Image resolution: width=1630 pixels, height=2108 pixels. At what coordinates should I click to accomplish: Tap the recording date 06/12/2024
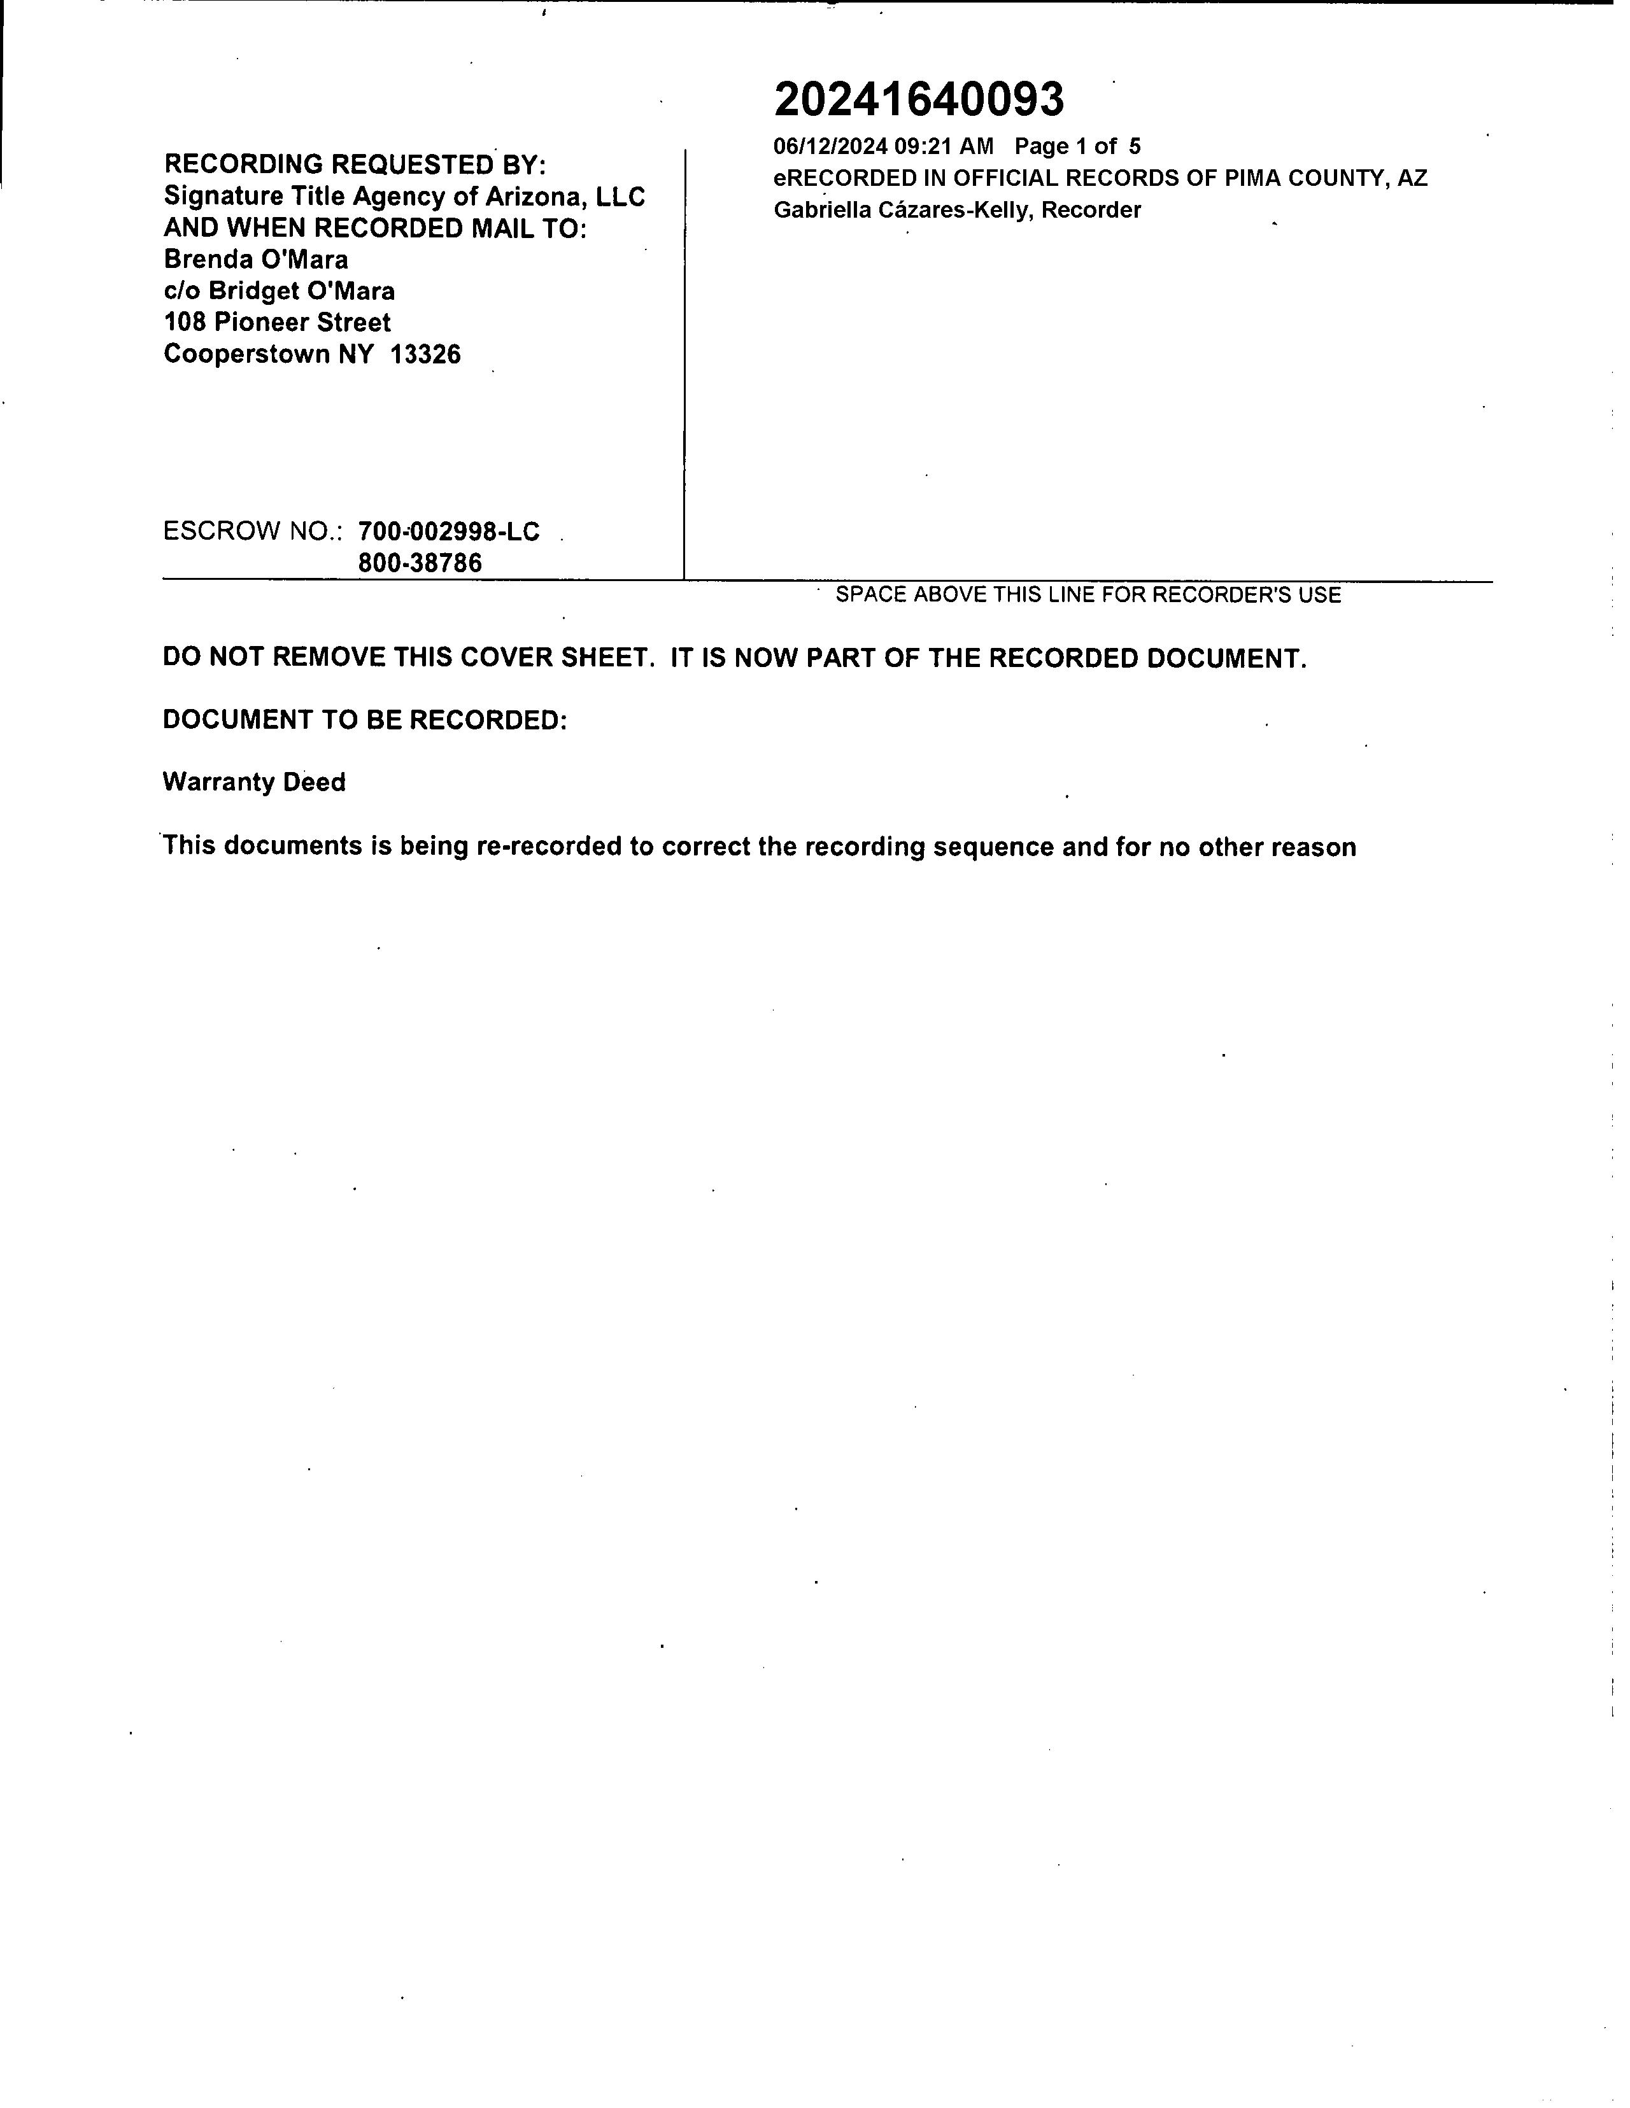(830, 147)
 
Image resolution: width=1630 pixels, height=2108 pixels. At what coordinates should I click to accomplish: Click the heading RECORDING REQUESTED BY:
(355, 164)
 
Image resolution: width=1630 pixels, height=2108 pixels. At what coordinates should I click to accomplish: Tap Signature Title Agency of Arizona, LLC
(404, 196)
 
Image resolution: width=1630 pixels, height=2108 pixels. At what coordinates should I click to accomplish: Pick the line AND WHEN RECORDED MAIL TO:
(374, 228)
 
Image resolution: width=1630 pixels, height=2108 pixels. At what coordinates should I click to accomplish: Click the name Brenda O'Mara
(256, 260)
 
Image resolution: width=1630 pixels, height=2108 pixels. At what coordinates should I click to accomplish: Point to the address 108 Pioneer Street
(277, 323)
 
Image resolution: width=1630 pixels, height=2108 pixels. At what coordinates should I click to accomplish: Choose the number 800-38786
(420, 563)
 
